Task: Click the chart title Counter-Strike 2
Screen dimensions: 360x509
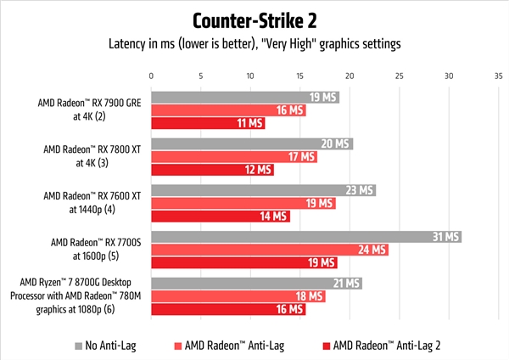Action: click(x=255, y=20)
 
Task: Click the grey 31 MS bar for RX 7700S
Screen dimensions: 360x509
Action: click(x=305, y=236)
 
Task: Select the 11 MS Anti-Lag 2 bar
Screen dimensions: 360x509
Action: click(x=208, y=123)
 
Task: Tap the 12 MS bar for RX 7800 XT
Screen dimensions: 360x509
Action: click(x=212, y=170)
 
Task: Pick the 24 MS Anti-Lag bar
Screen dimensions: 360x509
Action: click(x=270, y=249)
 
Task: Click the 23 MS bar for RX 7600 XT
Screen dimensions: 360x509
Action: click(x=263, y=190)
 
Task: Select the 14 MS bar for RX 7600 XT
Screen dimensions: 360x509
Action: click(x=221, y=217)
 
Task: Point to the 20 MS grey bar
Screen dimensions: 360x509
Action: click(x=251, y=143)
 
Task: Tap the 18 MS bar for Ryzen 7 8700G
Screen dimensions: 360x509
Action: click(x=238, y=295)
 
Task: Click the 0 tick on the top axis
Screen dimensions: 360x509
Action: click(x=151, y=76)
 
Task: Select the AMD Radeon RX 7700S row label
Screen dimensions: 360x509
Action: click(x=90, y=249)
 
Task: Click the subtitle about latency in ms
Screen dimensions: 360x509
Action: click(x=255, y=44)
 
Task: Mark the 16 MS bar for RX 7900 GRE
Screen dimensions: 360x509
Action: click(x=230, y=110)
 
